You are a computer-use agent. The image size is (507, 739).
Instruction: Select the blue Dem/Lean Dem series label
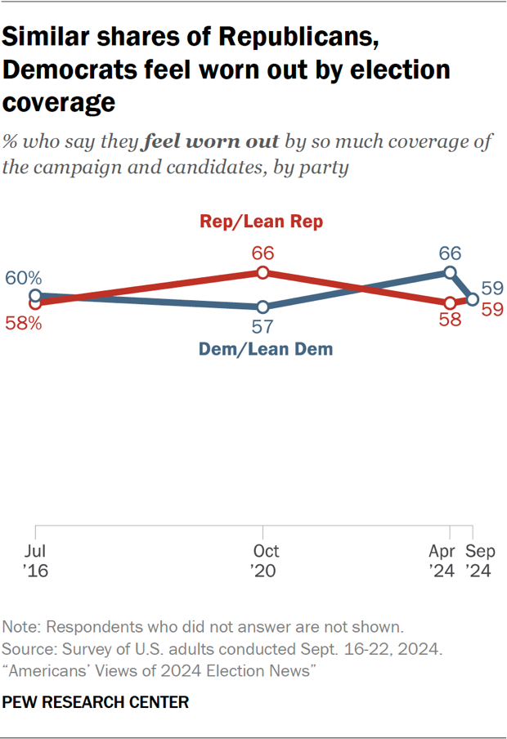point(265,349)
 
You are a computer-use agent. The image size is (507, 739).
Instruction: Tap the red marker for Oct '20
point(262,273)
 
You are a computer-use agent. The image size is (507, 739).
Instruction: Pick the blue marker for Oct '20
point(262,307)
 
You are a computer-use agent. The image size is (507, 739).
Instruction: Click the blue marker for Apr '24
point(449,272)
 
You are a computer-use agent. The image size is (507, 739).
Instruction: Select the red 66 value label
point(262,253)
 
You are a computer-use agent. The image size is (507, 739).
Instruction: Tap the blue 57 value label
point(262,328)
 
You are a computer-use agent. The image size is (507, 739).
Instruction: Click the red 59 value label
point(491,310)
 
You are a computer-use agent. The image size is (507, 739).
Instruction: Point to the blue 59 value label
point(491,289)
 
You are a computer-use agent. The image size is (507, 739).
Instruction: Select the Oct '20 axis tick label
point(262,561)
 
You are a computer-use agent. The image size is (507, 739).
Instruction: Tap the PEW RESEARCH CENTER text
point(96,701)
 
